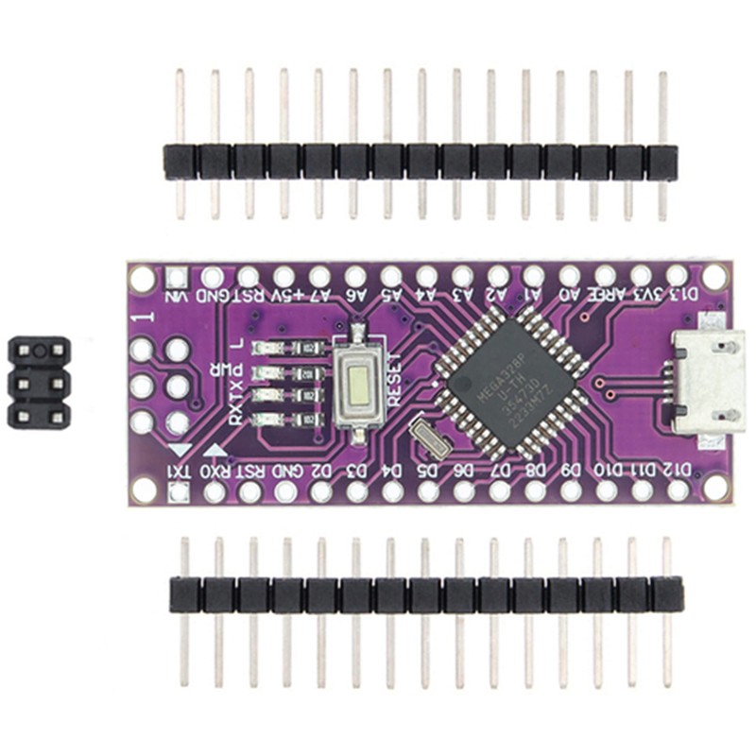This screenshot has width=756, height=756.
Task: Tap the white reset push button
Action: coord(360,383)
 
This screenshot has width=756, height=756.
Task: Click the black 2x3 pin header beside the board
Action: coord(39,383)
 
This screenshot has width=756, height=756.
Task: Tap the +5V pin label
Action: coord(285,297)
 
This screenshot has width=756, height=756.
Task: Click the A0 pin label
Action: coord(569,297)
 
